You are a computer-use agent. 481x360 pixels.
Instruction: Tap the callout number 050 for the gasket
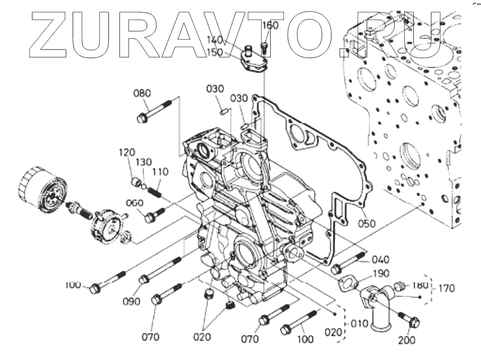366,223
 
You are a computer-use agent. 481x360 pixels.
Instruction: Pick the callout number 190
381,273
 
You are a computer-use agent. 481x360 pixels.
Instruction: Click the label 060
134,204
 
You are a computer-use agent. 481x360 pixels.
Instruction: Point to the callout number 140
214,40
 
